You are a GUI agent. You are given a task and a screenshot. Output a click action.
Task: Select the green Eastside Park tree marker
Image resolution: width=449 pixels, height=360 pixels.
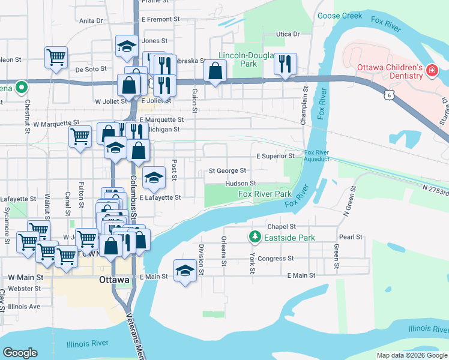255,238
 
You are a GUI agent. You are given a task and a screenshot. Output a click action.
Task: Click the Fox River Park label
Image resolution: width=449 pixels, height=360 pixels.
265,194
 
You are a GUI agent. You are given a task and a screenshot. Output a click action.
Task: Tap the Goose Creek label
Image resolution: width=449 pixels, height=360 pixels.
340,16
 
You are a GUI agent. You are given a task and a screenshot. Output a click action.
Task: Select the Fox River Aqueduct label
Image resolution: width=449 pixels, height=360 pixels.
317,156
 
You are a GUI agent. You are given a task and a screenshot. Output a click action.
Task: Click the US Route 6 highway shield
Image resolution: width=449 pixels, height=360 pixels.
390,94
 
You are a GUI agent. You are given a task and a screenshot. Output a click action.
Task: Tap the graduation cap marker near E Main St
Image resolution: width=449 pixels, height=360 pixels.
185,271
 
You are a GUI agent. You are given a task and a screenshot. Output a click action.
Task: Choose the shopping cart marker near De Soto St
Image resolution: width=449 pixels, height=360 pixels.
56,58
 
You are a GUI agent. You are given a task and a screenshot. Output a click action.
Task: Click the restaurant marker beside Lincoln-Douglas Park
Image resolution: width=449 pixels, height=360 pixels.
286,64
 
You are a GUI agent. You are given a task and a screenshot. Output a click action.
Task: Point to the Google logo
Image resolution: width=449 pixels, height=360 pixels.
20,352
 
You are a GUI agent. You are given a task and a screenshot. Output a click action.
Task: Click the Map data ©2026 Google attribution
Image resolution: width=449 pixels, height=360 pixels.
411,355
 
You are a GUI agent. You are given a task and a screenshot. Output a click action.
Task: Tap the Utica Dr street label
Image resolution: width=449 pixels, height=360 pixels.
288,34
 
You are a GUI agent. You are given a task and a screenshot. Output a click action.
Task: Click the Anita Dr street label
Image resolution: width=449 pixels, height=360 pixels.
91,20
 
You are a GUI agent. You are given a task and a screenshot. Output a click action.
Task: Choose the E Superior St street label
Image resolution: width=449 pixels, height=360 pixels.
276,156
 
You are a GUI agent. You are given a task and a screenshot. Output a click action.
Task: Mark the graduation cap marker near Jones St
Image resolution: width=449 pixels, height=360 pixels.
127,47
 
